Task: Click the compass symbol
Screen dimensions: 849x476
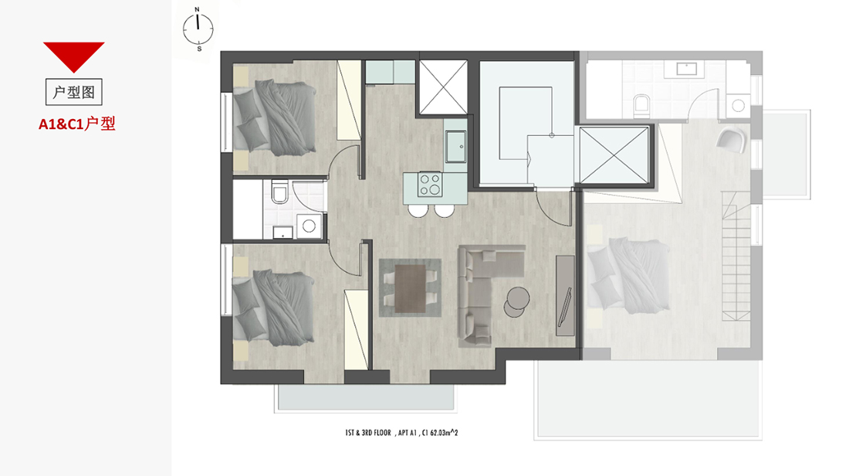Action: tap(198, 29)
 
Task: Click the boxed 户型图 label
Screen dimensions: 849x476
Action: tap(73, 92)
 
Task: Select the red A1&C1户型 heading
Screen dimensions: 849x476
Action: tap(77, 124)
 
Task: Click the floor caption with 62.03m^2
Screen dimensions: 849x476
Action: tap(401, 433)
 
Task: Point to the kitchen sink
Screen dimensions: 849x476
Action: tap(456, 146)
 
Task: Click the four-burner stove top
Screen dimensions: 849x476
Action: tap(430, 185)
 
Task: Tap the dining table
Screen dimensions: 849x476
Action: tap(410, 288)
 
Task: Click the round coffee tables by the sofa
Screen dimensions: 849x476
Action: tap(516, 301)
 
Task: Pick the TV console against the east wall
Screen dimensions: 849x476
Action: tap(566, 295)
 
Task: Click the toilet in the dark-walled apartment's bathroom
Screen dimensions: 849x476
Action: tap(279, 192)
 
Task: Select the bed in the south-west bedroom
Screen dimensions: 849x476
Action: tap(273, 308)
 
